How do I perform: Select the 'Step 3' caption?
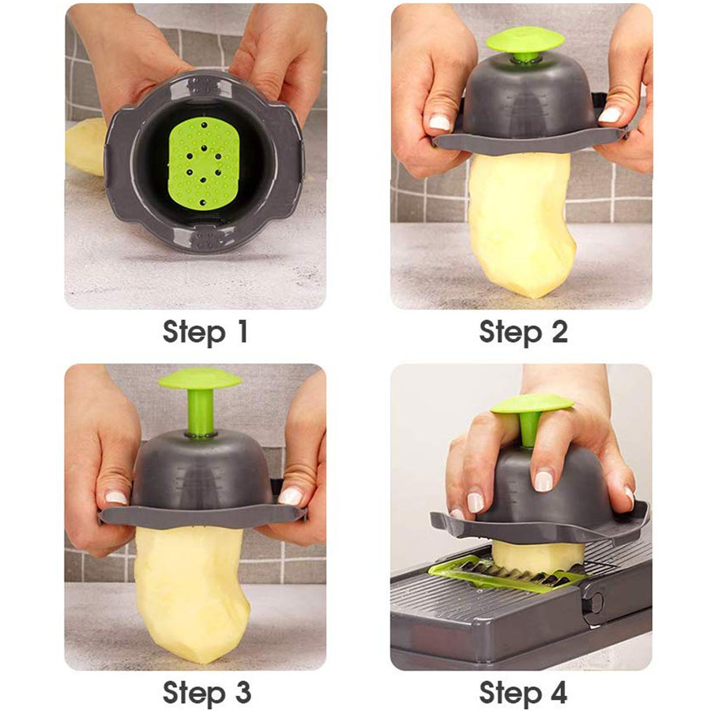(206, 692)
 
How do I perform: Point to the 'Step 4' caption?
(523, 692)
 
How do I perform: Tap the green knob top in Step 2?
(525, 39)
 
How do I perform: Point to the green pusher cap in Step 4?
(532, 404)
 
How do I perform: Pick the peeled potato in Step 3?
(194, 592)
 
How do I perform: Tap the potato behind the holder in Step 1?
(84, 147)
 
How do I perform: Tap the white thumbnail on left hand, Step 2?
(439, 122)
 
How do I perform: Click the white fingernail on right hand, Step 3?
(290, 496)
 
